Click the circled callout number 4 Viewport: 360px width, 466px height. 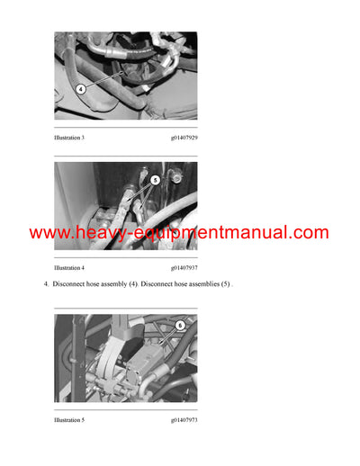pos(80,89)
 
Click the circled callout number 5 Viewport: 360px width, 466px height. pos(155,179)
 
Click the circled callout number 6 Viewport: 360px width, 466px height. pos(179,326)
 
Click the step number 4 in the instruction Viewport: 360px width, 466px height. pos(46,285)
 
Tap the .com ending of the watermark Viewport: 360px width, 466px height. pos(310,234)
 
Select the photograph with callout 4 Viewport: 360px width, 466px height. pos(125,76)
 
